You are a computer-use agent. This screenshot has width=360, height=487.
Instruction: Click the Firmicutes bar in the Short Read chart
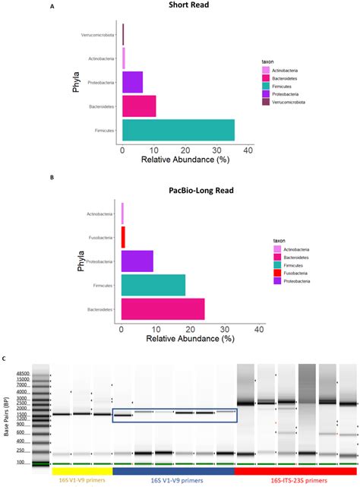coord(178,130)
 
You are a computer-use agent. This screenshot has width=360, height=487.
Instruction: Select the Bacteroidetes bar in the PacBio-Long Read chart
coord(163,309)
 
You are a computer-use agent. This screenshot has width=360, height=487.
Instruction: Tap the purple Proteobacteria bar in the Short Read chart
coord(132,82)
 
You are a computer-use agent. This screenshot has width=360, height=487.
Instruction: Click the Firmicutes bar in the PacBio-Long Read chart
coord(153,285)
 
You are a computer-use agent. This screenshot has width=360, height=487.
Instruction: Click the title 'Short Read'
coord(190,7)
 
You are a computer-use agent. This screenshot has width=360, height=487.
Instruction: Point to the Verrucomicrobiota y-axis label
coord(98,35)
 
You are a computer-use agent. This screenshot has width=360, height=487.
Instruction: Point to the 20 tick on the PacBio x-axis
coord(191,330)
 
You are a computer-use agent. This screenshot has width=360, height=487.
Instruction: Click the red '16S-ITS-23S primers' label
coord(296,479)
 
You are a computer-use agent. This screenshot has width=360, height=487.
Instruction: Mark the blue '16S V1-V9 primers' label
coord(175,479)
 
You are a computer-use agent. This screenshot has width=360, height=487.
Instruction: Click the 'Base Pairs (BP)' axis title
coord(8,419)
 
